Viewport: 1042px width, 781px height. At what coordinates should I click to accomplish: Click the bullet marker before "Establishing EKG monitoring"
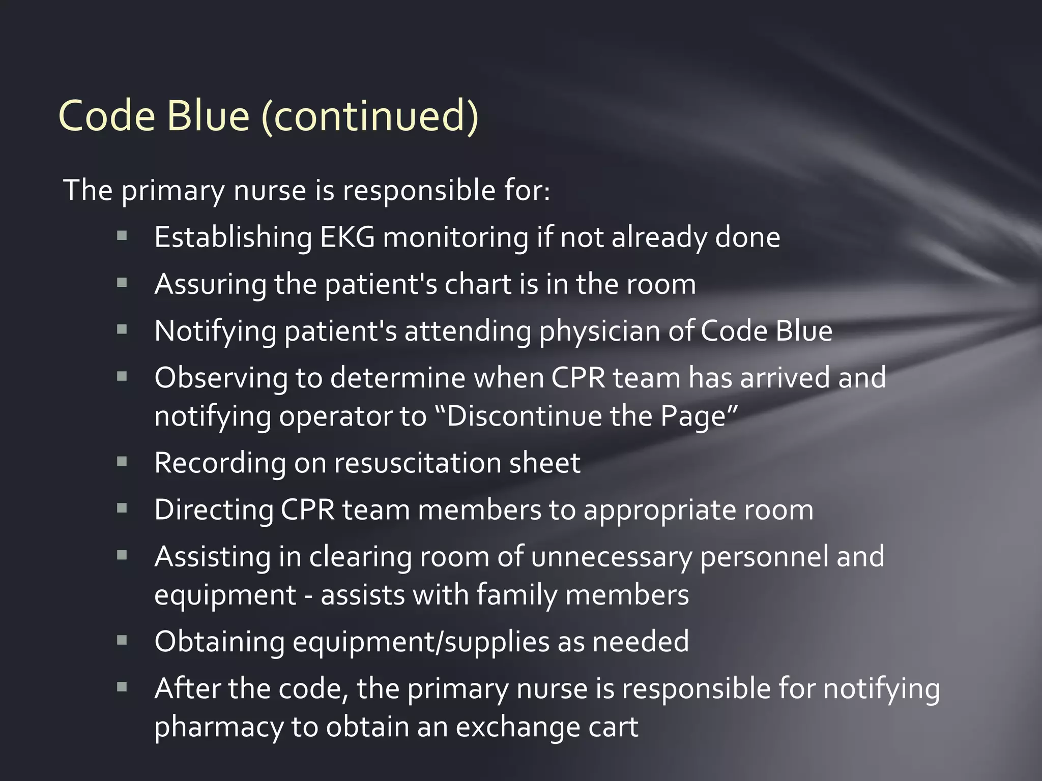[x=122, y=236]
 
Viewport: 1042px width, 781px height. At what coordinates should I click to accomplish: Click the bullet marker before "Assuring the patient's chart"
[x=122, y=283]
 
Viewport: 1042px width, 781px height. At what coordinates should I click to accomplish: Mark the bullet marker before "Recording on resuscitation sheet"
[x=122, y=462]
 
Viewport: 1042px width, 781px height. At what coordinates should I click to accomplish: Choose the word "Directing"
[x=213, y=510]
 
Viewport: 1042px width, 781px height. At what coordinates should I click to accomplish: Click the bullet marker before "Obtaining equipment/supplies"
[x=122, y=640]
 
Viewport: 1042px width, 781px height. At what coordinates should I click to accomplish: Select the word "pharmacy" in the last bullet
[x=219, y=728]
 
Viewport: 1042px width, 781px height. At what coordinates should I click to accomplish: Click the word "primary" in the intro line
[x=172, y=191]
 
